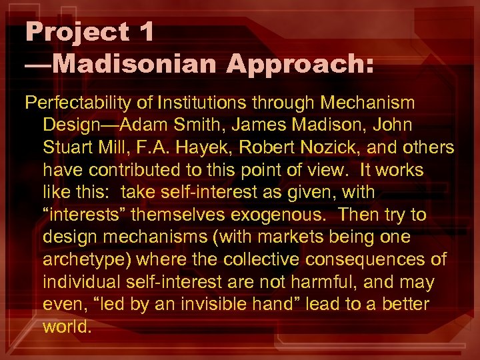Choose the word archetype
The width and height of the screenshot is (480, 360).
[x=84, y=259]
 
